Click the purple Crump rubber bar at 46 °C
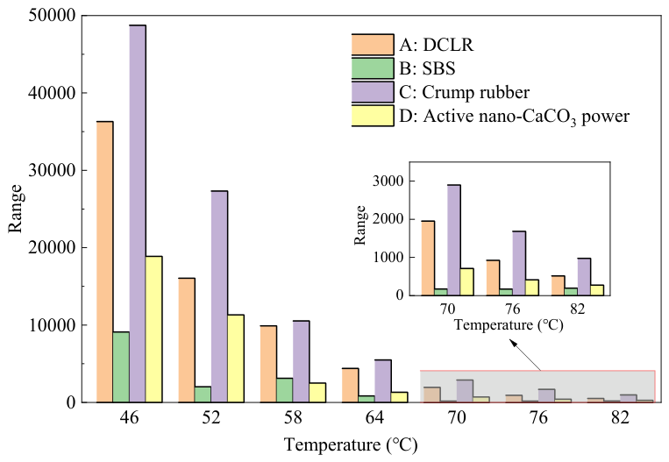(138, 214)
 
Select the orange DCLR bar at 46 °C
(105, 262)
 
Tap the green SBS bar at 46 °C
(121, 366)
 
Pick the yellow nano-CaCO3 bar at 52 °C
(236, 359)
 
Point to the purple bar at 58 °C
(302, 361)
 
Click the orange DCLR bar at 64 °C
(351, 385)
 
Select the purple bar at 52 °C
(219, 296)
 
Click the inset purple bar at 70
(454, 240)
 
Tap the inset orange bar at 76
(493, 278)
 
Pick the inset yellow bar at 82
(597, 290)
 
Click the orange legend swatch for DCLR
(373, 45)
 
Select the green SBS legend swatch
(373, 68)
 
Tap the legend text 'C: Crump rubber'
(464, 92)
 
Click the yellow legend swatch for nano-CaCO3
(373, 116)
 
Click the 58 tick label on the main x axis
(293, 417)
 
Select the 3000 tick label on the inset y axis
(388, 181)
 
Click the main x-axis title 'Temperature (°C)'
(351, 445)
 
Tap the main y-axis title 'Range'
(16, 209)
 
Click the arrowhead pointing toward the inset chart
(513, 343)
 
